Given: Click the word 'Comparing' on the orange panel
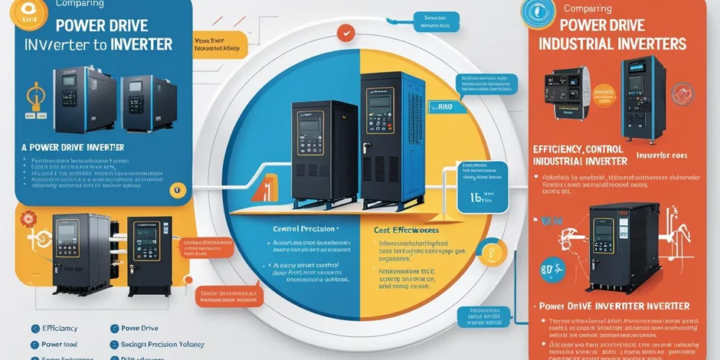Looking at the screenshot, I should [587, 8].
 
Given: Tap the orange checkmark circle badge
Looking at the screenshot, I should [347, 33].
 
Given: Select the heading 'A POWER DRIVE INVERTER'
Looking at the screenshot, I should [74, 146].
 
